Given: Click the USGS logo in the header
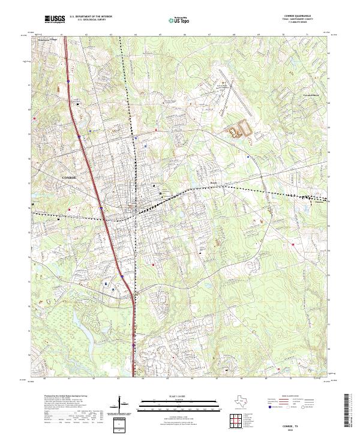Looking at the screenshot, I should (55, 20).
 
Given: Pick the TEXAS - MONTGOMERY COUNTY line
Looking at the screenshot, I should (302, 21).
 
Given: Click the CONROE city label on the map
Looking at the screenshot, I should (70, 178).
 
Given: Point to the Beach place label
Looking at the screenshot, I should (214, 183).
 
